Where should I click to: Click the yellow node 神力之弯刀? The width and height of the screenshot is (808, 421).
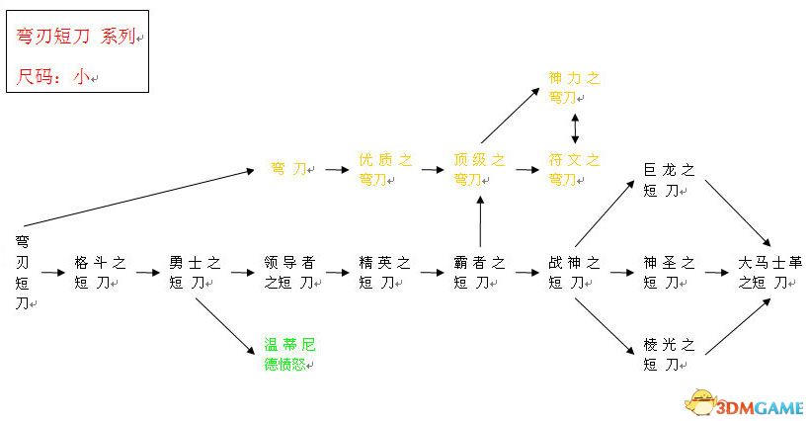coord(575,87)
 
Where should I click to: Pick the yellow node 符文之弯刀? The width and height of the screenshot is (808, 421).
coord(575,169)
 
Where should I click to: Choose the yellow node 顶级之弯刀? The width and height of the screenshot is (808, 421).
coord(479,169)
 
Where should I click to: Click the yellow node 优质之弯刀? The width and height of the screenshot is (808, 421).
coord(384,169)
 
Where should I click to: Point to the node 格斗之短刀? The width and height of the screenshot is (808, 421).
coord(100,272)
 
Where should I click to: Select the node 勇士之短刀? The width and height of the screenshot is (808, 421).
coord(195,272)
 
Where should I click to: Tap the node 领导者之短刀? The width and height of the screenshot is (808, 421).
coord(289,272)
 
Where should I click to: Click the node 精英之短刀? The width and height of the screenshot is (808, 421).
coord(384,272)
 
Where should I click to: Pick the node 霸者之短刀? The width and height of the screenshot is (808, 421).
coord(479,272)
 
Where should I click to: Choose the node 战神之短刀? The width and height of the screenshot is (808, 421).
coord(574,272)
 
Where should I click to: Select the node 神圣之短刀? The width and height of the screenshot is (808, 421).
coord(669,272)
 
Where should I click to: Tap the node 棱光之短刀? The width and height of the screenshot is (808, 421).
coord(669,354)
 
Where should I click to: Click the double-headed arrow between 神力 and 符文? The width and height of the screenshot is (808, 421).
coord(575,128)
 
